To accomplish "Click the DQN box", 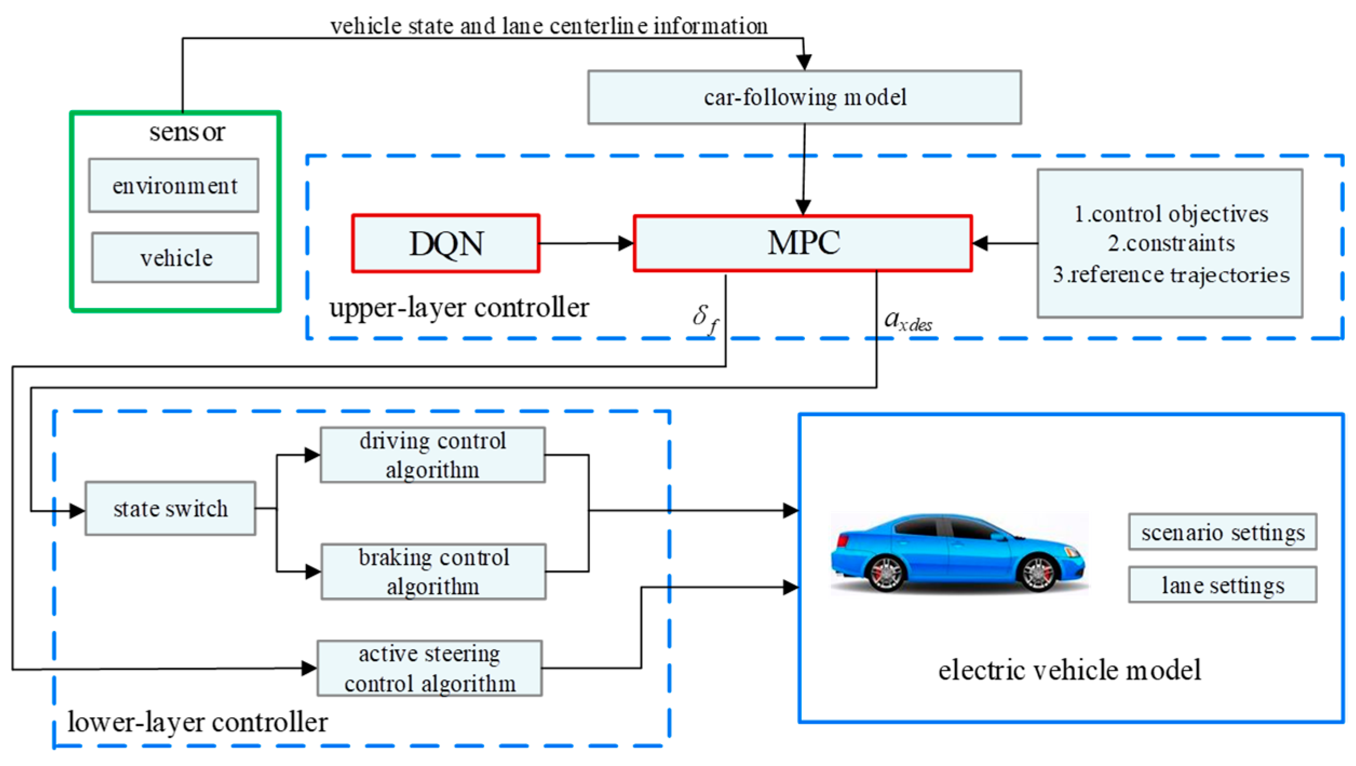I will [x=445, y=243].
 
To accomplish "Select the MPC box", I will [x=803, y=243].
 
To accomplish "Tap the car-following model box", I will [x=804, y=97].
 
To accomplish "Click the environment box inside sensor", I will [x=174, y=185].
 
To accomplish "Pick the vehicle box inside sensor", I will [x=175, y=257].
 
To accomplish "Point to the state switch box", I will [x=170, y=509].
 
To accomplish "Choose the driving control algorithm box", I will [x=432, y=455].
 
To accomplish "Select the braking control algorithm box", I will [x=433, y=572].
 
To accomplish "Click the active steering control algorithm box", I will [x=430, y=668].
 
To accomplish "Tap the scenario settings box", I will [x=1223, y=532].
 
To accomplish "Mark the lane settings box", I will [x=1223, y=585].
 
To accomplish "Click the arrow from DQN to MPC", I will [x=586, y=243].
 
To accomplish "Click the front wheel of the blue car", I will [x=1038, y=574].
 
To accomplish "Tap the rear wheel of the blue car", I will [x=886, y=574].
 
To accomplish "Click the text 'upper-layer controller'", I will [x=459, y=308].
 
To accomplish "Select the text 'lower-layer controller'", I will [x=197, y=722].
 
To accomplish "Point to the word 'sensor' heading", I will [x=187, y=132].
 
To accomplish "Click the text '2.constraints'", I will [x=1171, y=243].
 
